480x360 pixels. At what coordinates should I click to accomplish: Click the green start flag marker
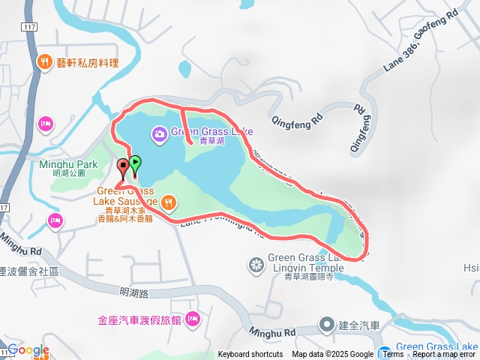coord(135,163)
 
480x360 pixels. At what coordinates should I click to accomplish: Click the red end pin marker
coord(123,167)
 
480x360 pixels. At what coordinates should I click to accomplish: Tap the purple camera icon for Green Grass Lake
coord(159,134)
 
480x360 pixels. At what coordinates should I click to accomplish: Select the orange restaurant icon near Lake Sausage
coord(169,201)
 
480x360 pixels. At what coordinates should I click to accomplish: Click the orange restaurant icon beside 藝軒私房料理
coord(44,62)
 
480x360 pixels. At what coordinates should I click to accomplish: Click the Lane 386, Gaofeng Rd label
coord(420,45)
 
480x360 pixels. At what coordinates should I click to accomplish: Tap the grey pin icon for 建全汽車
coord(326,325)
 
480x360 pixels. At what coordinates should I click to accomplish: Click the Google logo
coord(28,350)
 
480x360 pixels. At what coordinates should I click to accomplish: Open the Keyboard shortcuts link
coord(250,355)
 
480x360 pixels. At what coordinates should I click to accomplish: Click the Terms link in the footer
coord(393,355)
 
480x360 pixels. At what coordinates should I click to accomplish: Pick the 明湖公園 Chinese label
coord(68,173)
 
